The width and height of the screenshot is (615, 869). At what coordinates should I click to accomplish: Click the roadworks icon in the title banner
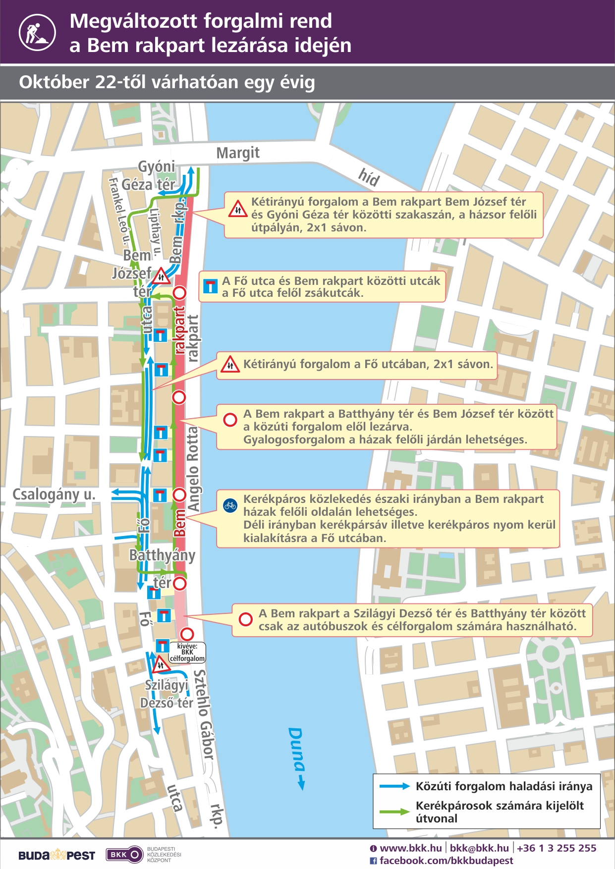click(37, 32)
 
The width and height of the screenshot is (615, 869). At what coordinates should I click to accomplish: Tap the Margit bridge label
click(238, 153)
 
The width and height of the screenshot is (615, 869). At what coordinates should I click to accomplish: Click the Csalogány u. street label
click(54, 494)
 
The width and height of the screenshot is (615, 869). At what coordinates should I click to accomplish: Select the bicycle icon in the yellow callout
click(230, 505)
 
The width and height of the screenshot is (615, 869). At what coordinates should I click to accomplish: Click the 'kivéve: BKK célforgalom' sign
click(187, 652)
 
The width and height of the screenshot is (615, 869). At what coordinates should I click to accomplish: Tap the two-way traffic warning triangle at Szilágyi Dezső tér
click(161, 664)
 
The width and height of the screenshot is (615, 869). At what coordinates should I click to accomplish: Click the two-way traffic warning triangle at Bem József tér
click(161, 276)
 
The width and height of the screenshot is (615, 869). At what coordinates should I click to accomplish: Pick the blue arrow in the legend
click(394, 786)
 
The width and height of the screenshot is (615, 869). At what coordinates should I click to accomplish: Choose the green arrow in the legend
click(394, 812)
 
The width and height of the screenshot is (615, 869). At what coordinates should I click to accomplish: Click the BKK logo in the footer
click(124, 855)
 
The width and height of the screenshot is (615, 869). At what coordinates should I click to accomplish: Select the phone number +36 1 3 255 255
click(557, 848)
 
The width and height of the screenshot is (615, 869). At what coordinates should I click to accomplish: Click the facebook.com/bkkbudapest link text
click(446, 861)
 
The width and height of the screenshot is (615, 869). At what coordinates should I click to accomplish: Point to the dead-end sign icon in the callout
click(211, 286)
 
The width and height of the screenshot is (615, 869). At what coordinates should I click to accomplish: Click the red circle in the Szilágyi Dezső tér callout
click(245, 619)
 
